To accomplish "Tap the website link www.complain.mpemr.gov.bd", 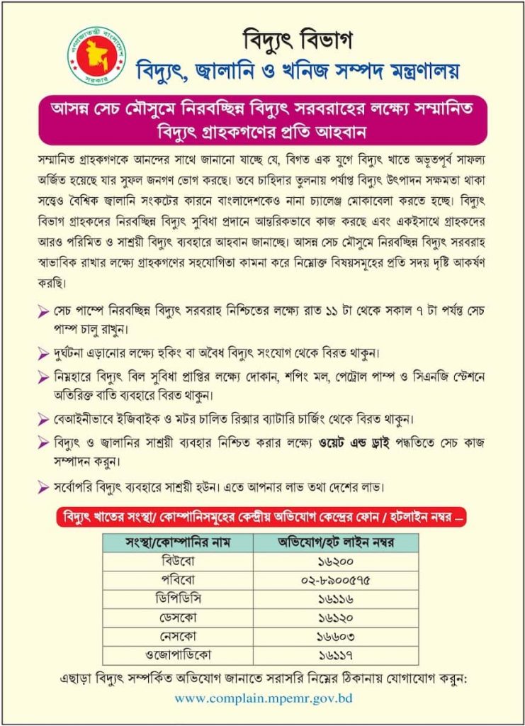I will pyautogui.click(x=263, y=698).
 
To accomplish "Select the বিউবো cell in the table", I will pyautogui.click(x=179, y=562).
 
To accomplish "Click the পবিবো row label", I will pyautogui.click(x=179, y=580).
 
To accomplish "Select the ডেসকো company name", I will pyautogui.click(x=179, y=617).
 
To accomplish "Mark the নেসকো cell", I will pyautogui.click(x=179, y=635).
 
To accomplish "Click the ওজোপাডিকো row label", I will pyautogui.click(x=179, y=654).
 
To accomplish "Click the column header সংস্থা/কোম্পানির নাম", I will pyautogui.click(x=179, y=543).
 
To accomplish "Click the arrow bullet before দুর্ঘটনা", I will pyautogui.click(x=43, y=352).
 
